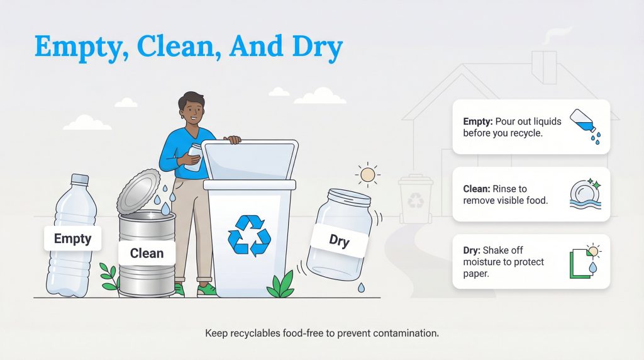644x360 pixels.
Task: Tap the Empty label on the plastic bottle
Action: point(72,239)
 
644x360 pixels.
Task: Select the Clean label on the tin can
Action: point(147,253)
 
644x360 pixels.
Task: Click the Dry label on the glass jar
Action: point(339,240)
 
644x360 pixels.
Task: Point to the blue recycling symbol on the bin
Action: point(249,236)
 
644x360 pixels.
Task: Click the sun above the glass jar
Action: point(367,174)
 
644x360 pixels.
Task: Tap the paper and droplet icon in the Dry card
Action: point(584,261)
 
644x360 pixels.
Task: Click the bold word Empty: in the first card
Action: point(478,121)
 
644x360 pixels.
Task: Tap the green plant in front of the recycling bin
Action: point(280,284)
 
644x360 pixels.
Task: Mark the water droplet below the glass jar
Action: point(361,288)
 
